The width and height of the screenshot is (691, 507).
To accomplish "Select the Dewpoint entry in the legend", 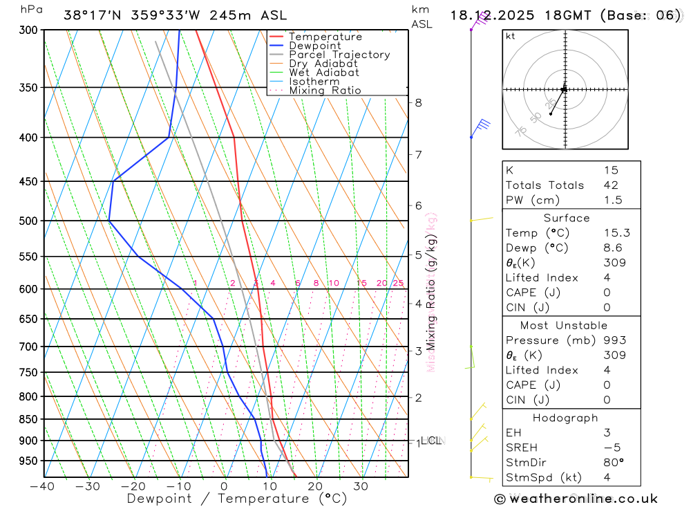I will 314,46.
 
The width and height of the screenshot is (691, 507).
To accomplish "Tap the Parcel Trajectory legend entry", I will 339,55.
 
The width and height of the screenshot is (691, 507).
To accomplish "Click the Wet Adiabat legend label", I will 323,73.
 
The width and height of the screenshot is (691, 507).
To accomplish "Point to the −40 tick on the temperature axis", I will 43,486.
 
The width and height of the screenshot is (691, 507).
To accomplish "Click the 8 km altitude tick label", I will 418,103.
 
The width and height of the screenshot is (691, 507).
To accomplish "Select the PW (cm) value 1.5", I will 612,200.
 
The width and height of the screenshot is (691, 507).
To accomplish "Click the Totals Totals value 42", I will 610,185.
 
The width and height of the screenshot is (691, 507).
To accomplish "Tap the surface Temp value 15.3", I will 616,233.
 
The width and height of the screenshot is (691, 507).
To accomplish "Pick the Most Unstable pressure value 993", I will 614,340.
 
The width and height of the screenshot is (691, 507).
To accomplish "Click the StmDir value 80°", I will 613,463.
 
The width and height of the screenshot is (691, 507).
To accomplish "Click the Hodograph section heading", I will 565,418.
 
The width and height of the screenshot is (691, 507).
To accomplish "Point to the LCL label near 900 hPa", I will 432,441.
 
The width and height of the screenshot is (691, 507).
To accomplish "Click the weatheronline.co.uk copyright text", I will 576,499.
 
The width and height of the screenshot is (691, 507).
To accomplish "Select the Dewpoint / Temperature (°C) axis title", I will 237,498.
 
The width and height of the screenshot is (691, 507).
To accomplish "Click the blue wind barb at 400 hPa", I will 481,125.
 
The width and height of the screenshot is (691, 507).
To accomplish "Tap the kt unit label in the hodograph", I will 510,37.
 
